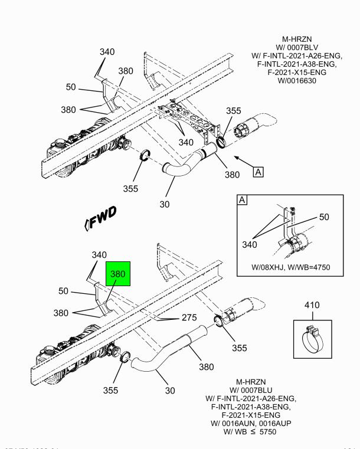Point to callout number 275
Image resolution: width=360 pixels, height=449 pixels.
[x=189, y=317]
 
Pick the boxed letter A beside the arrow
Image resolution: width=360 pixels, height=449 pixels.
[x=258, y=172]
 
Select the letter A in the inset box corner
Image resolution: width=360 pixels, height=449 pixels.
[x=241, y=199]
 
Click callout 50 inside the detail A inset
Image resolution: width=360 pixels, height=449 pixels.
[x=323, y=217]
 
